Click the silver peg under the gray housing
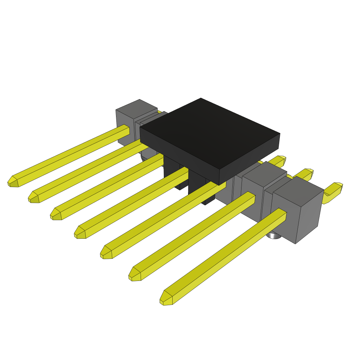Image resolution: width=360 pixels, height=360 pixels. [274, 235]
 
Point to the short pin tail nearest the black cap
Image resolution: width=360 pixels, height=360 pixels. [279, 161]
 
